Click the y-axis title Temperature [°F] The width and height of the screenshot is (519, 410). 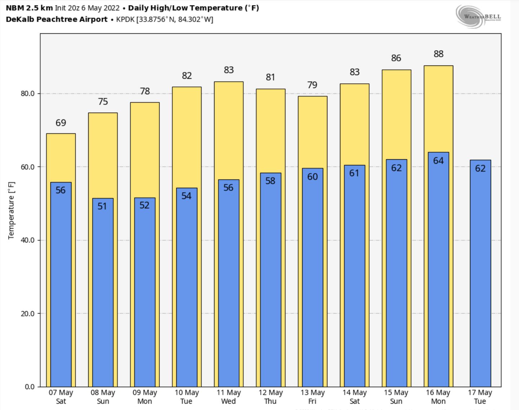coord(11,210)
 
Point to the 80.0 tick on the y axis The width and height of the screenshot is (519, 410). coord(28,93)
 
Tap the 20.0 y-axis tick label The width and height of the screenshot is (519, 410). coord(28,314)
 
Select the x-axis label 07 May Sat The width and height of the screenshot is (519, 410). coord(61,397)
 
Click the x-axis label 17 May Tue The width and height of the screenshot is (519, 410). coord(480,397)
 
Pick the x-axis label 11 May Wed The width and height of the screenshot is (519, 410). coord(229,397)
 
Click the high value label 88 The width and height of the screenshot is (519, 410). coord(438,54)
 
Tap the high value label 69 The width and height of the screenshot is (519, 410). coord(61,123)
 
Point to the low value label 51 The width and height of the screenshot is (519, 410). coord(102,206)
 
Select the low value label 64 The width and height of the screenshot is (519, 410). coord(438,160)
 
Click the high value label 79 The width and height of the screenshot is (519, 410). coord(312,85)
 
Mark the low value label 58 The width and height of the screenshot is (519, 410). coord(270,181)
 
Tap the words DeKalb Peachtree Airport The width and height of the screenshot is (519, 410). coord(57,19)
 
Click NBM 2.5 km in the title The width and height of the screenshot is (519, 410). coord(29,8)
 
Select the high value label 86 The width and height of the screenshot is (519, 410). coord(396,58)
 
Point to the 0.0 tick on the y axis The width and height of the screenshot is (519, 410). coord(30,387)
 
